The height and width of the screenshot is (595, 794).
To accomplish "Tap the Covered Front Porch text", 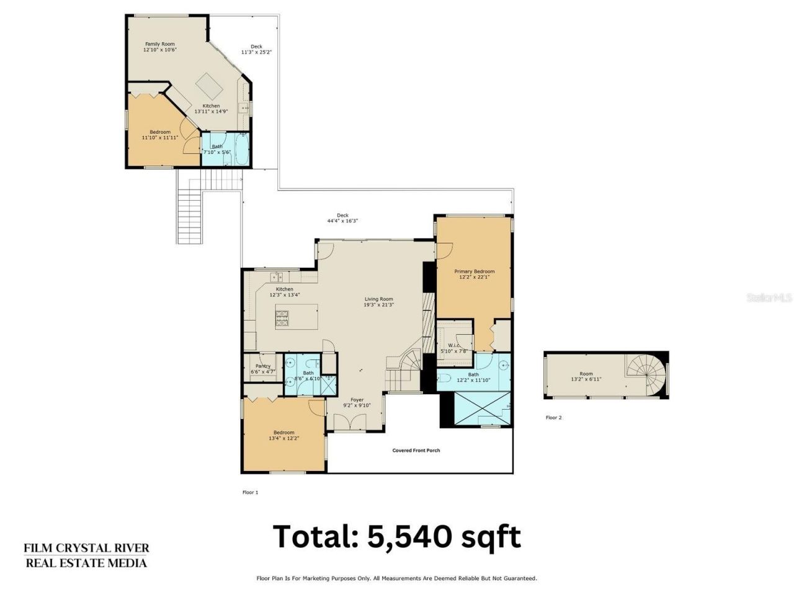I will (416, 451).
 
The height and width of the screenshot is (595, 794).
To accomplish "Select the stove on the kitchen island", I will (282, 319).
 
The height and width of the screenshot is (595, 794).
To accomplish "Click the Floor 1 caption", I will (249, 492).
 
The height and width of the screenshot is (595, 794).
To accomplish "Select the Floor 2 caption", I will (553, 418).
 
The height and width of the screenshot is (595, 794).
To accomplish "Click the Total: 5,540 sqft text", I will (397, 536).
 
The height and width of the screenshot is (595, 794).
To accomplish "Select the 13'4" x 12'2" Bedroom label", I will (284, 435).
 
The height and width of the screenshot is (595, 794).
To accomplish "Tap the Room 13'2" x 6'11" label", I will (586, 376).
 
